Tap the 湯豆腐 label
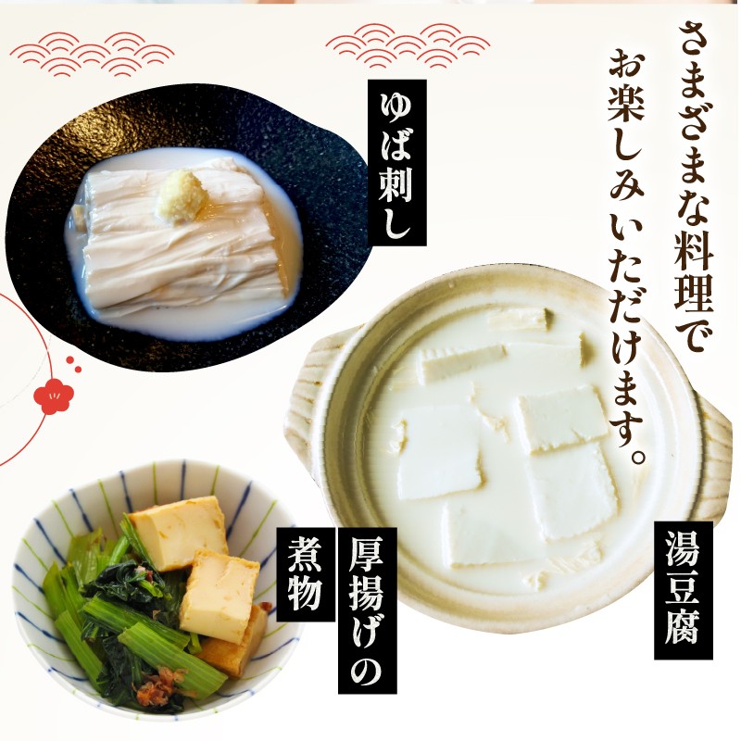683,590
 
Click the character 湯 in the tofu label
683,549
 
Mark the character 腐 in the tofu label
683,633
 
